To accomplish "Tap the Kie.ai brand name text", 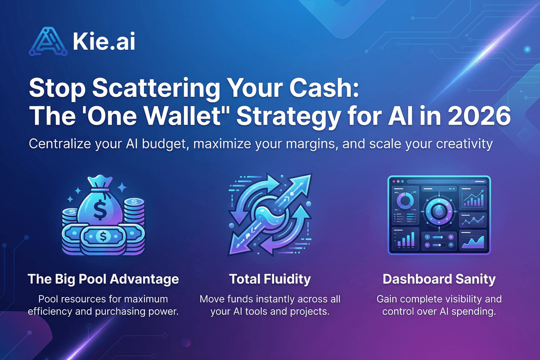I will [x=103, y=42].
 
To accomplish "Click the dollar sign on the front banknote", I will [x=103, y=235].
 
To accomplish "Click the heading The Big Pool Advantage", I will [x=103, y=279].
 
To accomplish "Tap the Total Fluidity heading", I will [x=270, y=279].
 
